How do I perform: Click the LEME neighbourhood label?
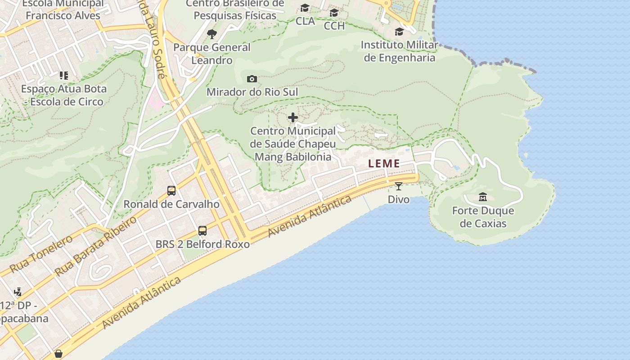[384, 164]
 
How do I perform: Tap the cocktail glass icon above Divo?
[399, 186]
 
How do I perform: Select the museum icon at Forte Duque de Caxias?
[483, 197]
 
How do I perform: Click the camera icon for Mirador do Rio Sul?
[252, 79]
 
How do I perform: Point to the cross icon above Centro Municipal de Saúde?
[293, 118]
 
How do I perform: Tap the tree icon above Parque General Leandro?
[211, 34]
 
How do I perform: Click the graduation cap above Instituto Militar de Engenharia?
[399, 31]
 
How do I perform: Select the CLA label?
[305, 21]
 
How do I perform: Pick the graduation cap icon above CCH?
[334, 13]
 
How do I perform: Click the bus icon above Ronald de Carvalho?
[171, 191]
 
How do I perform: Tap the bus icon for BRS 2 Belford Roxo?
[202, 231]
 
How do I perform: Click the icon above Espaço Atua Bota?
[64, 75]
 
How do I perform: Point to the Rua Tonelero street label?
[41, 254]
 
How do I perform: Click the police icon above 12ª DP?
[18, 292]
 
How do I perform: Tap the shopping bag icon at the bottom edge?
[58, 354]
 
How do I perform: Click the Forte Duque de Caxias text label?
[483, 217]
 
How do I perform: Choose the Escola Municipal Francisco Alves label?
[63, 9]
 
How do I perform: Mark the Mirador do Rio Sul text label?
[252, 92]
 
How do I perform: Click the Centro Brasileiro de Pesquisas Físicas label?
[235, 9]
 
